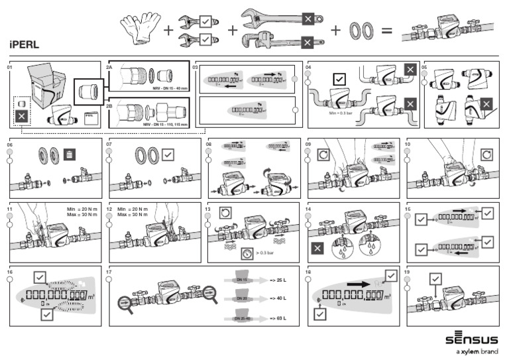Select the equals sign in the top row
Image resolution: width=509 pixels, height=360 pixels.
pyautogui.click(x=387, y=30)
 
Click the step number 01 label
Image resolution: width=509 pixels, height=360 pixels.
pyautogui.click(x=10, y=68)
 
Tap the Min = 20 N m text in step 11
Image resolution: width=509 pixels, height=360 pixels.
pyautogui.click(x=82, y=210)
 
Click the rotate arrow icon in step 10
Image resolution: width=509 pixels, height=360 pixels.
pyautogui.click(x=488, y=153)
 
